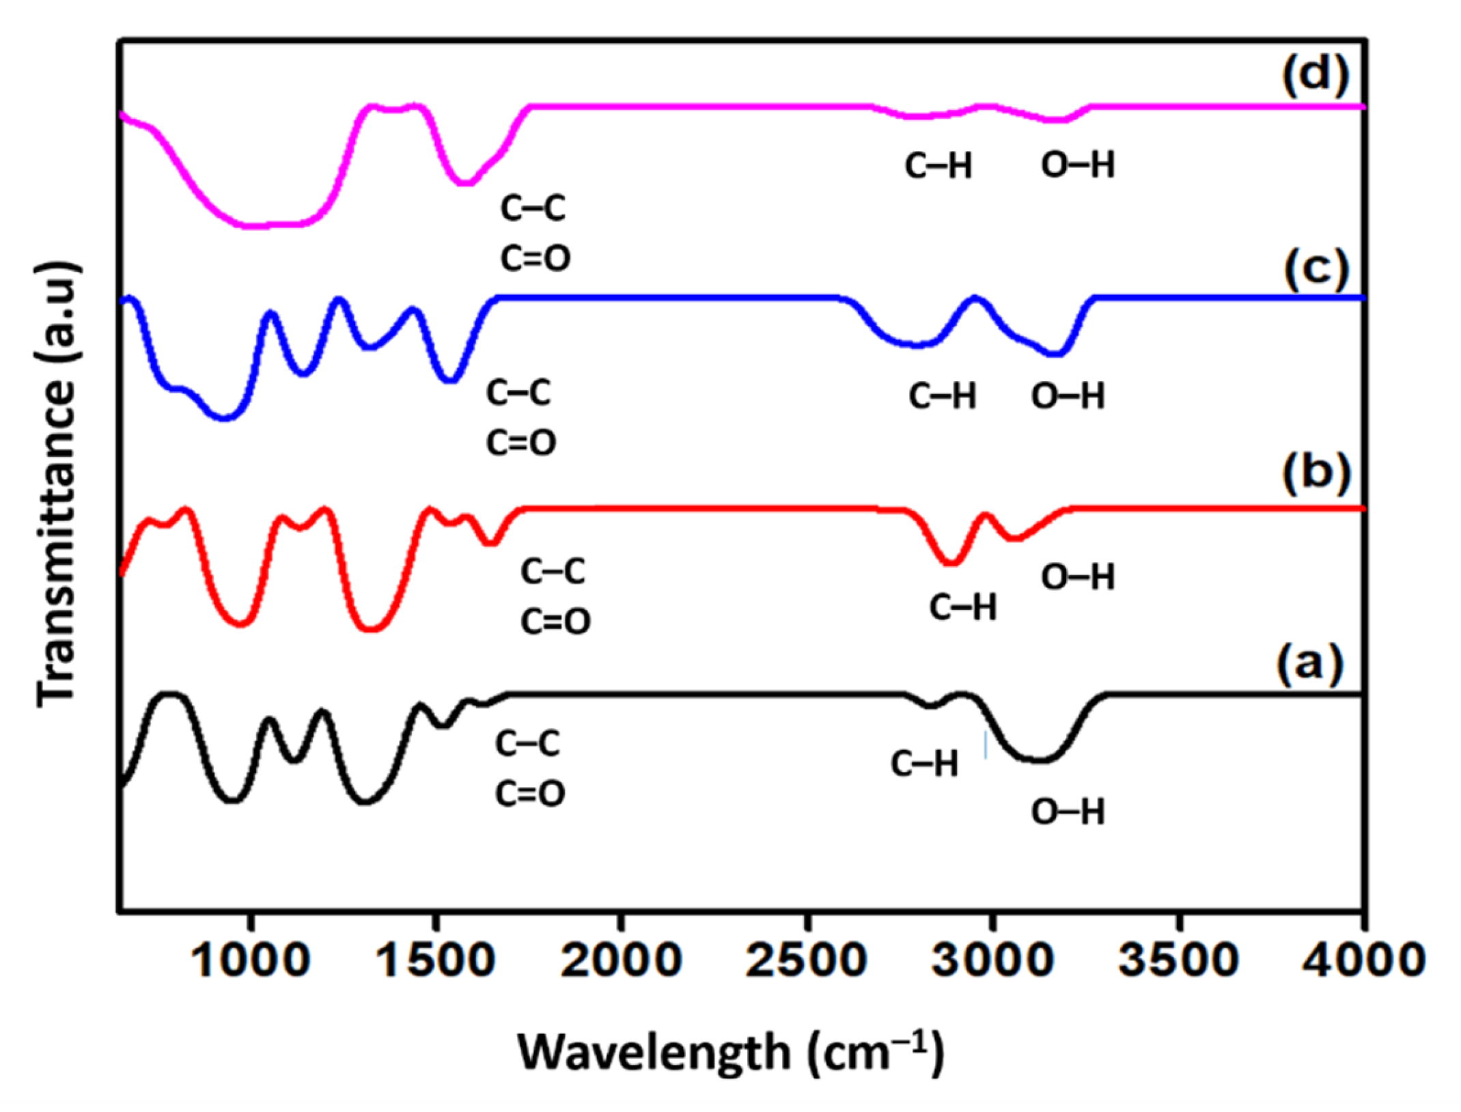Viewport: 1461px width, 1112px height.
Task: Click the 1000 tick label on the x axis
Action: tap(251, 960)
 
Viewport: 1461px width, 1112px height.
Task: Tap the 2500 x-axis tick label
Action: tap(807, 960)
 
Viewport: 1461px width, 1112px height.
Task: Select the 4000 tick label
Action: tap(1363, 960)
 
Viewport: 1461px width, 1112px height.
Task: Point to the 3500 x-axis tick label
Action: tap(1178, 960)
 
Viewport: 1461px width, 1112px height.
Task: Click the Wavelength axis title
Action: tap(730, 1052)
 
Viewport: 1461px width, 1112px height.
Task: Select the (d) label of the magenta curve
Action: tap(1316, 76)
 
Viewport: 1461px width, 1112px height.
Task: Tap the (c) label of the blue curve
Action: tap(1316, 269)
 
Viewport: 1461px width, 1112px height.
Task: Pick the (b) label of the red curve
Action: tap(1316, 474)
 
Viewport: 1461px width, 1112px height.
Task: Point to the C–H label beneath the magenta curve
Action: tap(938, 166)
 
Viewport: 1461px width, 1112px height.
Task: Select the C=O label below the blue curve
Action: tap(520, 443)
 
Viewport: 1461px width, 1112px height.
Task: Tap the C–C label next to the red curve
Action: tap(553, 571)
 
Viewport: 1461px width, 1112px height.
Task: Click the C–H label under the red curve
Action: tap(962, 607)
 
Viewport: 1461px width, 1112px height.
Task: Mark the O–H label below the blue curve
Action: tap(1068, 396)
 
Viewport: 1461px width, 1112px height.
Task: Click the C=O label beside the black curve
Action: tap(529, 794)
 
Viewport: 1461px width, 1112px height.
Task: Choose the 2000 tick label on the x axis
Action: tap(621, 960)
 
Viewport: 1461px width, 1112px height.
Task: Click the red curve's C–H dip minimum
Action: tap(951, 564)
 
